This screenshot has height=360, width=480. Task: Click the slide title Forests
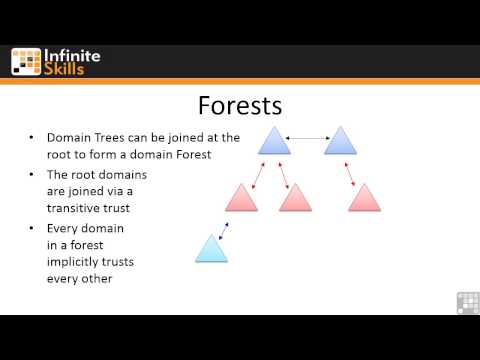[x=240, y=105]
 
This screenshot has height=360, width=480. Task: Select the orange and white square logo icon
[x=26, y=61]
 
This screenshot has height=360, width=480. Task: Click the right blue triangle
[x=340, y=141]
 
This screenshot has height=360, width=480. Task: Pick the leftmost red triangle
[x=241, y=198]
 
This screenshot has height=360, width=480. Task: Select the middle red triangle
[x=297, y=198]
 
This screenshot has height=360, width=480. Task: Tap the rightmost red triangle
[x=364, y=198]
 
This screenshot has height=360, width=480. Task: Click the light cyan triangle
[x=211, y=249]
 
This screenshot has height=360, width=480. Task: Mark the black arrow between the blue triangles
[x=307, y=136]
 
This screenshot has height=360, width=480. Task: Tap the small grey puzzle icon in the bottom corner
[x=468, y=302]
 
